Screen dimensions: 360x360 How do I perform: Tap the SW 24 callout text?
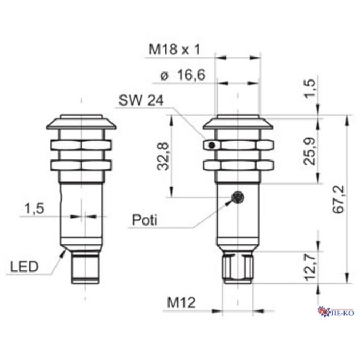point(141,101)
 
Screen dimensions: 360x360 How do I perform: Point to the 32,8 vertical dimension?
point(164,156)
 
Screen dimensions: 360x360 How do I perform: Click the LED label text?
point(24,266)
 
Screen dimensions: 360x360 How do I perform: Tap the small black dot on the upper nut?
point(212,145)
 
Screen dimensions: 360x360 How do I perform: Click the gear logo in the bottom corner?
point(322,310)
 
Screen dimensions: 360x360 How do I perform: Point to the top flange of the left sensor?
point(81,123)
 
